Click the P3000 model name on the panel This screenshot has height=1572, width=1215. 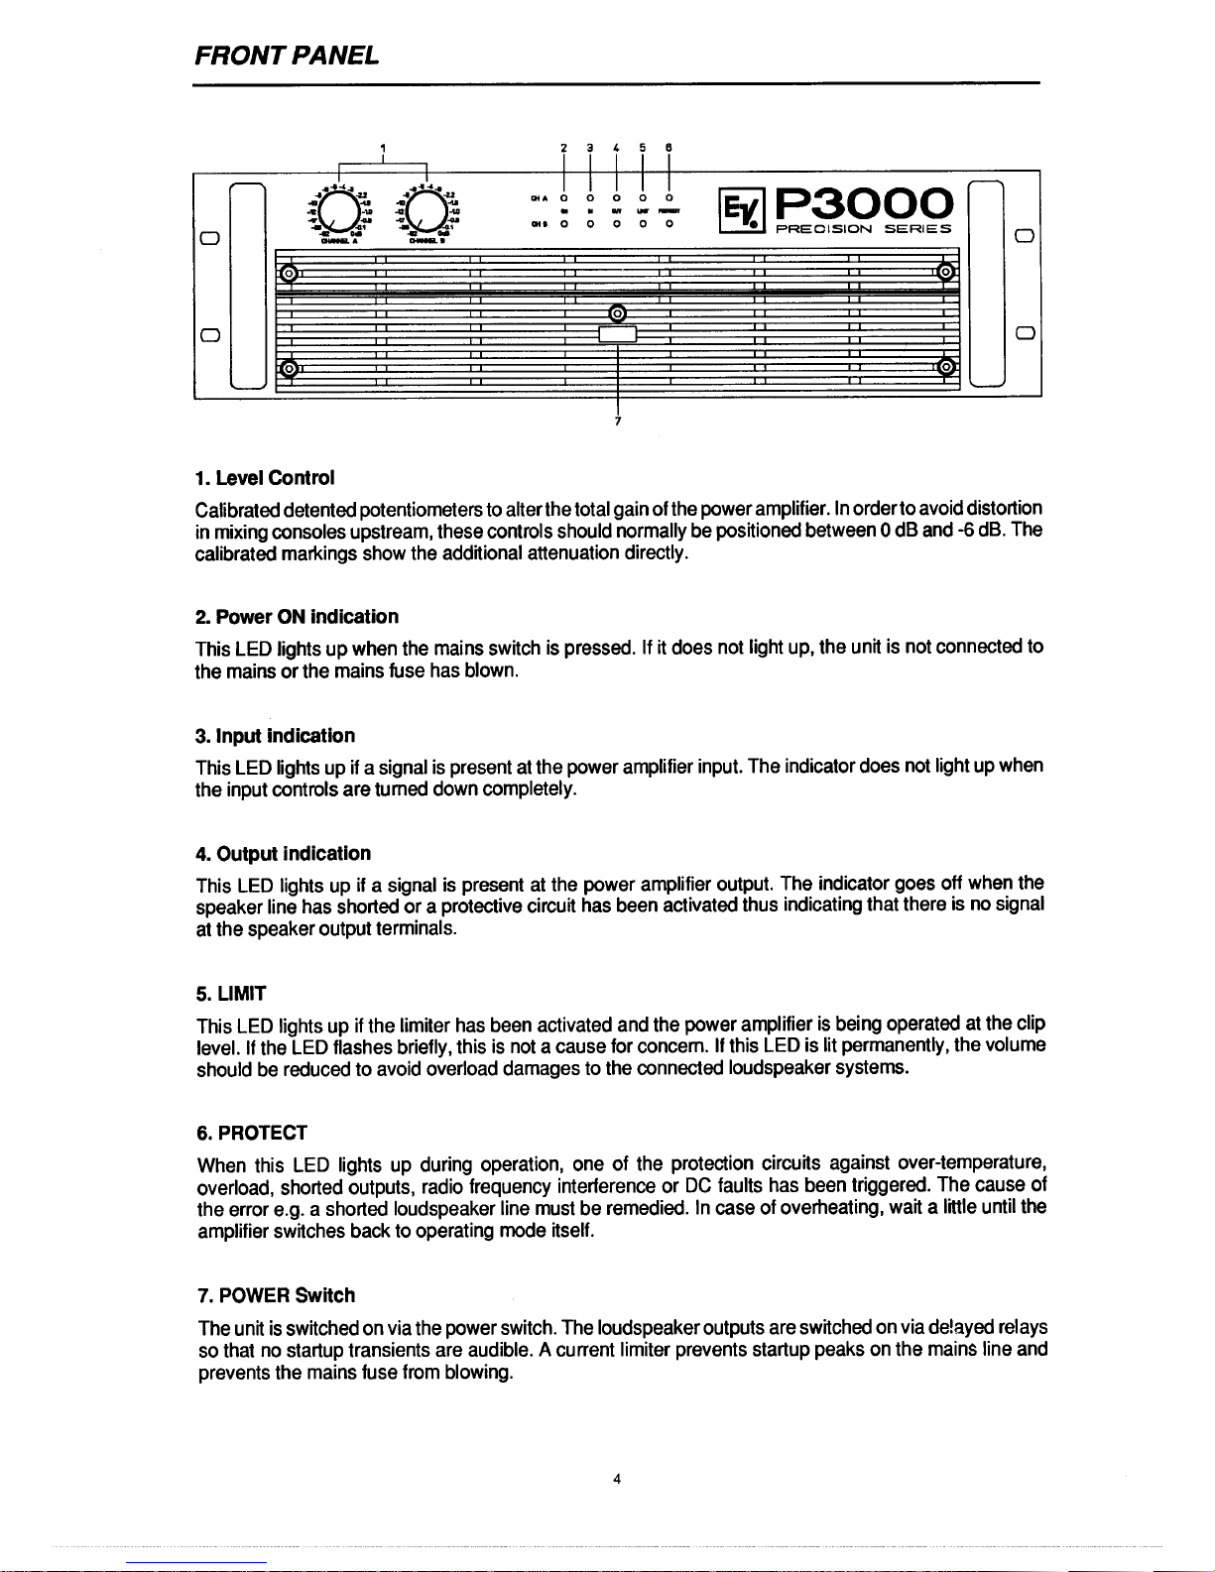coord(864,202)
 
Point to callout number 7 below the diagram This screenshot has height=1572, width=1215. coord(618,422)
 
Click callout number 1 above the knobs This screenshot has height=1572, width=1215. coord(383,149)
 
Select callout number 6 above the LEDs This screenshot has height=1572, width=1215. coord(668,148)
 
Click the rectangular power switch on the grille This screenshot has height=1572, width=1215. coord(618,335)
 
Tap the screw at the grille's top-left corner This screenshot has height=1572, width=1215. coord(289,273)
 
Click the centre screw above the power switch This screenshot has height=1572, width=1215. coord(618,314)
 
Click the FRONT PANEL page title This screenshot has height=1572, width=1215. coord(287,56)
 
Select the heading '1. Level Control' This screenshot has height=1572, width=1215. coord(251,478)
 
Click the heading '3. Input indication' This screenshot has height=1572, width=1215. coord(275,736)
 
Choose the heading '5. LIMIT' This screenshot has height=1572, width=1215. coord(231,994)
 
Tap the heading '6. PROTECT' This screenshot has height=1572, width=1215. coord(252,1133)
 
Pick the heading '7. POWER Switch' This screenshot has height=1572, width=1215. coord(276,1295)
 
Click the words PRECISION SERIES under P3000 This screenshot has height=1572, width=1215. coord(863,229)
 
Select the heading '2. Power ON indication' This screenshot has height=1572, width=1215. coord(297,617)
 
